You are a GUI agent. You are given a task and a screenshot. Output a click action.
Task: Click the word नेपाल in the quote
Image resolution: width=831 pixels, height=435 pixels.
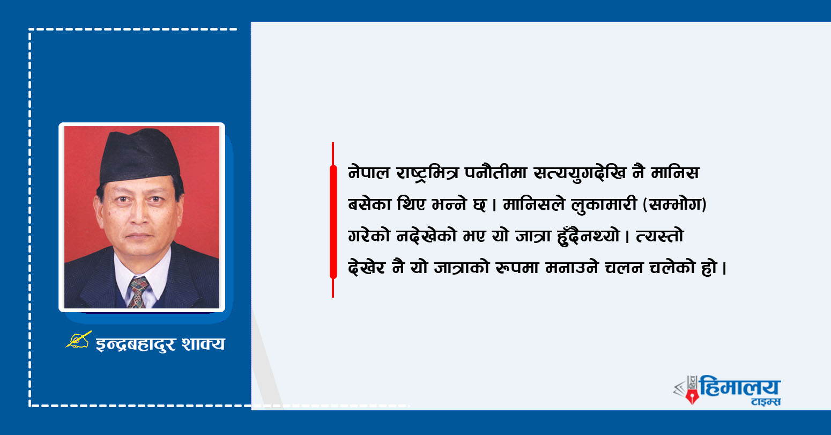coord(369,173)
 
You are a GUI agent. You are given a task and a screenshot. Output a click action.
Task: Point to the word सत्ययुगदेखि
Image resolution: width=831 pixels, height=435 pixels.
coord(580,173)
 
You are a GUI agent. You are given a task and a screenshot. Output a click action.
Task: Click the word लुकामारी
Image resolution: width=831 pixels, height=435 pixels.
coord(604,204)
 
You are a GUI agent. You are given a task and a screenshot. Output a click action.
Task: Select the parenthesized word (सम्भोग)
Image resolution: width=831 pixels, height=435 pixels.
coord(674,204)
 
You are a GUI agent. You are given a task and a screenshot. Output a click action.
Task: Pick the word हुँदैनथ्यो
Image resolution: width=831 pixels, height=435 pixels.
coord(588,235)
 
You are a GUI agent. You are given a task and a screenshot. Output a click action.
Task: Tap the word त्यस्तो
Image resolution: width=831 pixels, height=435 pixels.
coord(659,235)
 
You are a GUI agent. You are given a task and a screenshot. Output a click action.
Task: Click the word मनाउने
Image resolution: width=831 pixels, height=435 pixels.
coord(572,268)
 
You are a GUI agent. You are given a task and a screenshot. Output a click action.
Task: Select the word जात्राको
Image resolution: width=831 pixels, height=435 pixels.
coord(462,267)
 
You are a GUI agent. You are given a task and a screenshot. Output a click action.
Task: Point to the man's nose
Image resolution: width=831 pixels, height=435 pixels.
coord(139,215)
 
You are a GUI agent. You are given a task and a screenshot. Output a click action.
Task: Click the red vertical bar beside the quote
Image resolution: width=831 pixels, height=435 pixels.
coord(333,220)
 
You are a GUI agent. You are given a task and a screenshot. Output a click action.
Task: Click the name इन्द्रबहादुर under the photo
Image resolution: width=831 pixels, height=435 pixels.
coord(136,344)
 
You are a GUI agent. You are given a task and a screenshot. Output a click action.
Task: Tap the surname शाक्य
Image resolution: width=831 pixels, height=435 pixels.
coord(203,344)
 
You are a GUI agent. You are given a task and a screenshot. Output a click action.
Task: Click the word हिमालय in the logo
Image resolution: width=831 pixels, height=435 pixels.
coord(740,386)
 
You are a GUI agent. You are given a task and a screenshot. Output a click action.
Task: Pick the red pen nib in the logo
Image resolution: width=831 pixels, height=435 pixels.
coord(692,396)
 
